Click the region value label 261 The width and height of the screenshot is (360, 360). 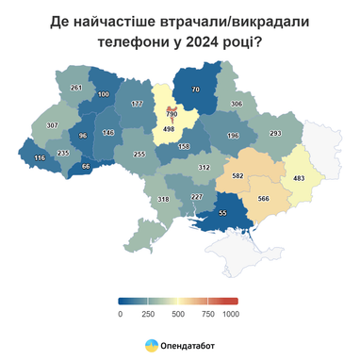click(x=76, y=88)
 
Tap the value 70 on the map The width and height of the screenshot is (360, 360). click(x=196, y=90)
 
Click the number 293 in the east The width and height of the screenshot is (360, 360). click(x=276, y=133)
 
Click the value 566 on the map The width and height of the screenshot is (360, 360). click(x=263, y=198)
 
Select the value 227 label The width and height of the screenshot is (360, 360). click(x=197, y=197)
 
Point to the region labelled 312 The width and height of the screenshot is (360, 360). click(x=204, y=167)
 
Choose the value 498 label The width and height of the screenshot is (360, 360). click(x=171, y=130)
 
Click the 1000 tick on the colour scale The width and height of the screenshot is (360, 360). click(x=231, y=313)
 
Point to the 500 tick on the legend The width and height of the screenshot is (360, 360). click(x=175, y=313)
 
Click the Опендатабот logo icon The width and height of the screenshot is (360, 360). click(x=151, y=344)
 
